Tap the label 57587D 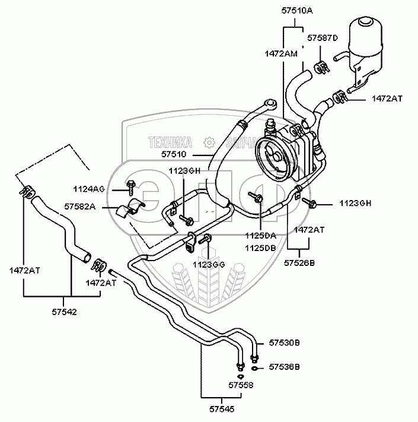322,39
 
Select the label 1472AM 281,53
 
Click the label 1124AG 90,189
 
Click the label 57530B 285,344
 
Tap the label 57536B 285,367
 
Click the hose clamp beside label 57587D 322,66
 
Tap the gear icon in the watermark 208,142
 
